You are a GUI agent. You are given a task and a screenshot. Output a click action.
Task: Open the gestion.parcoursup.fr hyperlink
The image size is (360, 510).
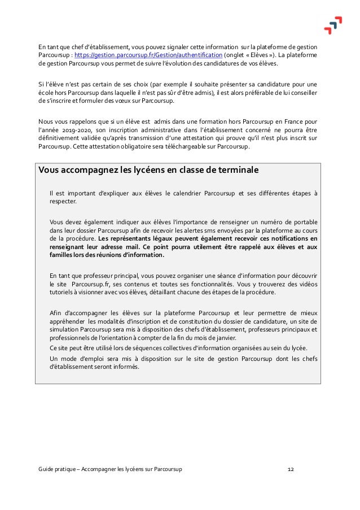[x=148, y=55]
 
